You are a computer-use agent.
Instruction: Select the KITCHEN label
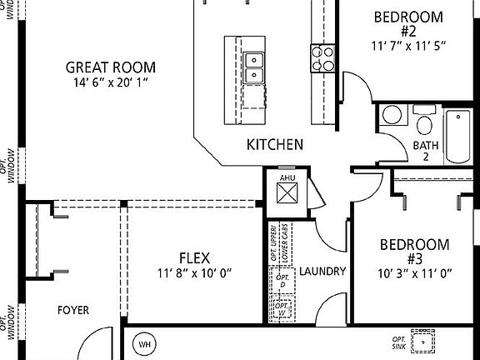pos(274,144)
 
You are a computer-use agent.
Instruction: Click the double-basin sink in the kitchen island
pos(254,67)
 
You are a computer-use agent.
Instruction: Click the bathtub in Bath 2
pos(457,136)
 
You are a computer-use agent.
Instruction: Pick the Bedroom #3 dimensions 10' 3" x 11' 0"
pos(414,272)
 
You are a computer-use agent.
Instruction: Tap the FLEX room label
pos(194,257)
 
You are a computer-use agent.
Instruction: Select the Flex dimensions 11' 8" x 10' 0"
pos(194,272)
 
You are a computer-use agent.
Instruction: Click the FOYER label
pos(73,310)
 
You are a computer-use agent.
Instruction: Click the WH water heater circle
pos(144,343)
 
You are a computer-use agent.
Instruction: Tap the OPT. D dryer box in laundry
pos(283,281)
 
